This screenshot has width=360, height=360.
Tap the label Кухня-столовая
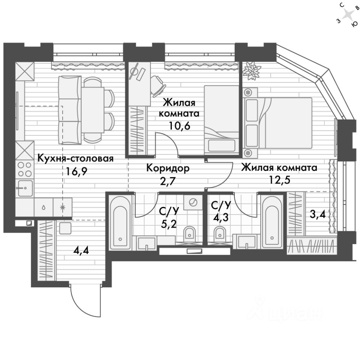point(75,159)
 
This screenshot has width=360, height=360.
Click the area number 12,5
point(279,179)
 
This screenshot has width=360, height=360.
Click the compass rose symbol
point(348,15)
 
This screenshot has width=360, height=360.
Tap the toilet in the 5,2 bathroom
point(190,235)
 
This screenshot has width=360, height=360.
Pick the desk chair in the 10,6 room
point(159,85)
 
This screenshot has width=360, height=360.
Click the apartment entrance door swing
point(85,300)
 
